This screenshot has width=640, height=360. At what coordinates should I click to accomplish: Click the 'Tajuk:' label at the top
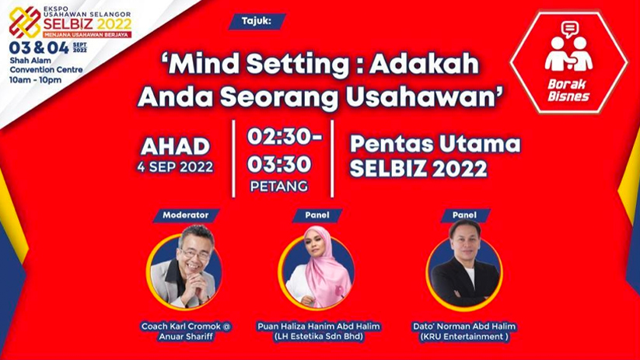pyautogui.click(x=257, y=21)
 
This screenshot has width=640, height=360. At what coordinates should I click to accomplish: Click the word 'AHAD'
pyautogui.click(x=176, y=146)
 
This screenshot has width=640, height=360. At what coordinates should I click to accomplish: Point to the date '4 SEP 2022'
pyautogui.click(x=176, y=166)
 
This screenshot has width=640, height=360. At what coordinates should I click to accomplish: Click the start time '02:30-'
pyautogui.click(x=283, y=136)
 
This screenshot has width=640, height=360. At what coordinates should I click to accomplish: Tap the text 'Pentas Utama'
pyautogui.click(x=435, y=144)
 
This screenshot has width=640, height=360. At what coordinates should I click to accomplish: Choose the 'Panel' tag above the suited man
pyautogui.click(x=464, y=215)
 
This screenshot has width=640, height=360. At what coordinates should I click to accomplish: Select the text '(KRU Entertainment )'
pyautogui.click(x=463, y=337)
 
